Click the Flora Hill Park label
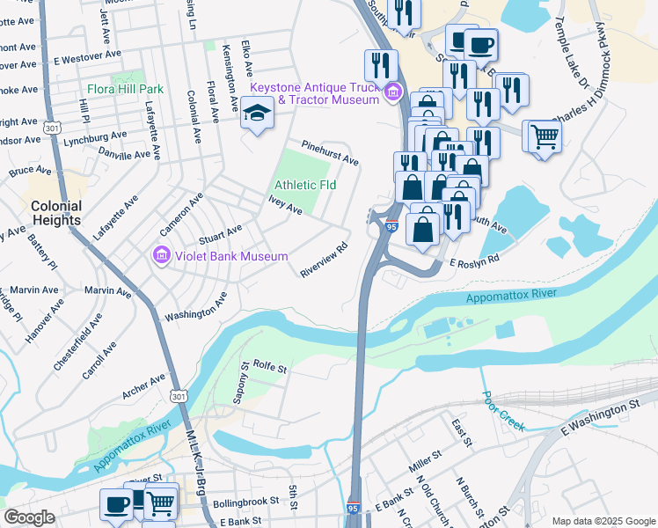125,90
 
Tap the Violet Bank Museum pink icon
160,256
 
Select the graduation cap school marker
257,114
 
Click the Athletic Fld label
305,186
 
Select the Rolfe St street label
270,365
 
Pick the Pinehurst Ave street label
330,153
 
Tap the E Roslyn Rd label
474,260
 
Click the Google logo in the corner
30,517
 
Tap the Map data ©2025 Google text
603,521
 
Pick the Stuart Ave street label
220,234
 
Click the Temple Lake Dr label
584,58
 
